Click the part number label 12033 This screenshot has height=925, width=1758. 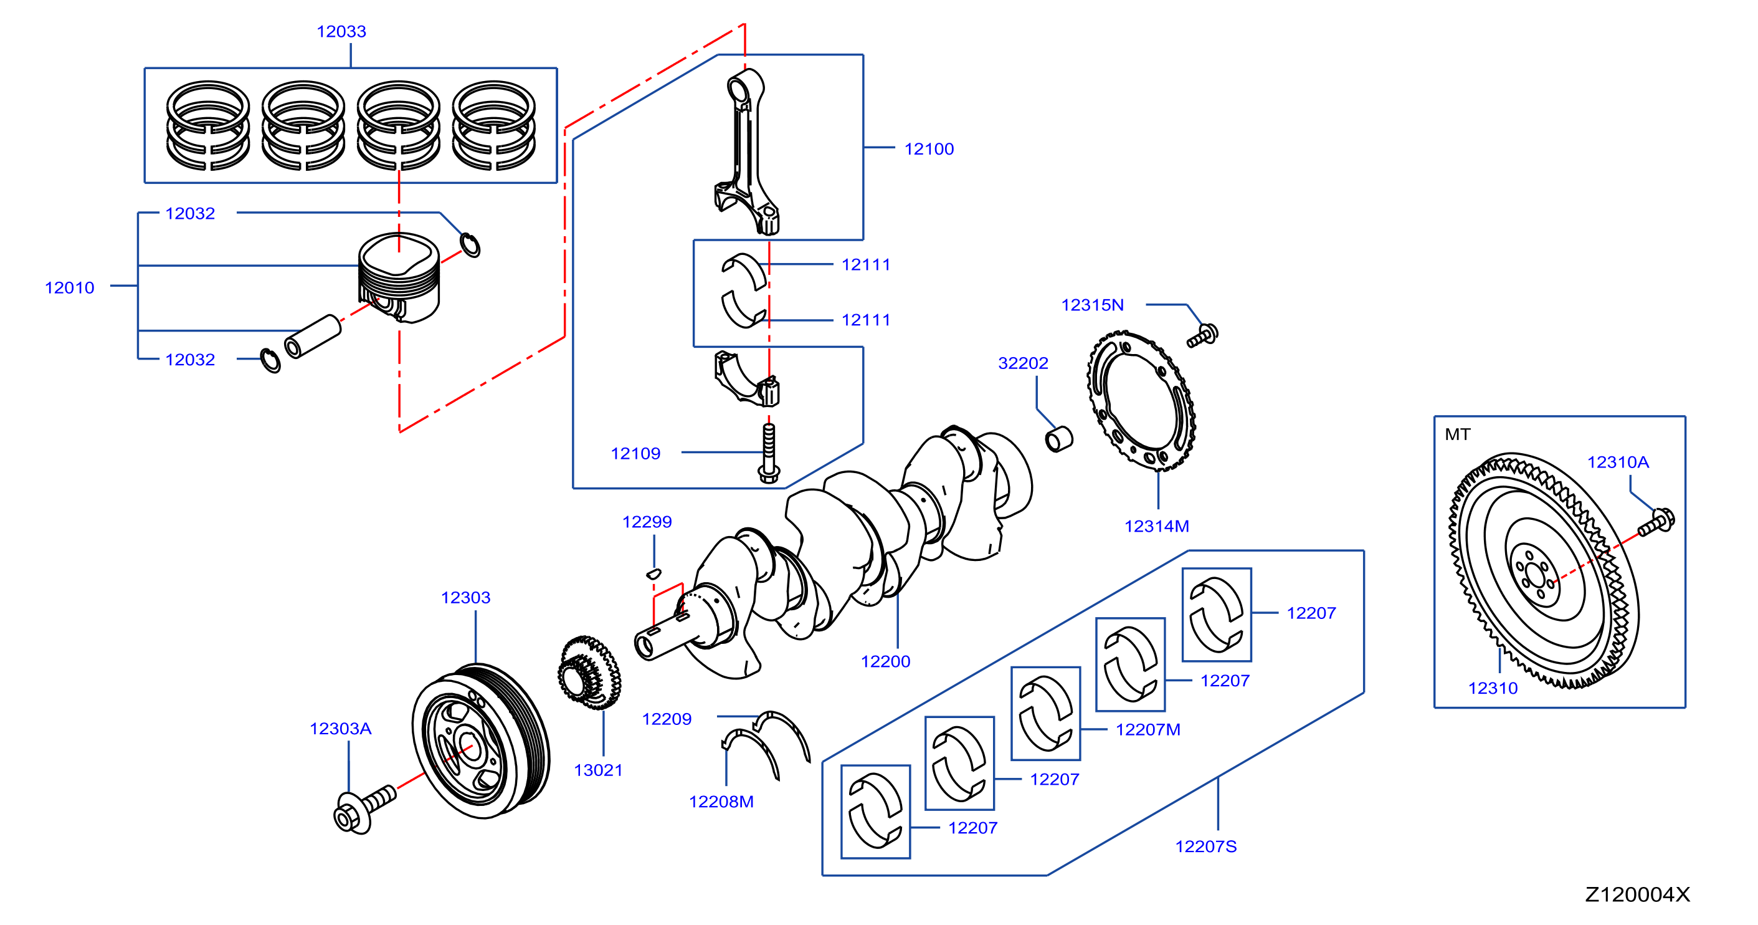click(x=341, y=31)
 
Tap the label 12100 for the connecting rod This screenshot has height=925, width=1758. click(x=929, y=149)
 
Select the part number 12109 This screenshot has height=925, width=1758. click(x=635, y=453)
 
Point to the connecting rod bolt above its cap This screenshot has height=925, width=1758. click(x=769, y=453)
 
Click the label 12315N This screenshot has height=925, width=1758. click(x=1092, y=304)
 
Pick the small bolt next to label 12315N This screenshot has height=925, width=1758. click(x=1202, y=335)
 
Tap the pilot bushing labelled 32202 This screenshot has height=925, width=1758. click(x=1059, y=439)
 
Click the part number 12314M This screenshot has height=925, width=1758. click(x=1157, y=525)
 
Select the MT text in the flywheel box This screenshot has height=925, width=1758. click(x=1458, y=434)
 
